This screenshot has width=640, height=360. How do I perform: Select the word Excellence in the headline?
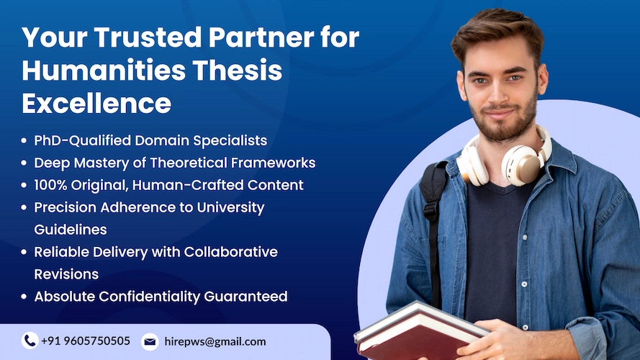[x=96, y=104]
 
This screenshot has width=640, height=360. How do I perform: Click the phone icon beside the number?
[x=30, y=341]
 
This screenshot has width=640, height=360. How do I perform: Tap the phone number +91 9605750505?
[x=86, y=341]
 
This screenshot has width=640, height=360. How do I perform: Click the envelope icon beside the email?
[x=150, y=341]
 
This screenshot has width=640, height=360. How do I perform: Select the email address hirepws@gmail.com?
[x=215, y=341]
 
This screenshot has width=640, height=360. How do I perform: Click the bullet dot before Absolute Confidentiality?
[x=25, y=297]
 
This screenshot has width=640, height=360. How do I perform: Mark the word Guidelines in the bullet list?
[x=71, y=230]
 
